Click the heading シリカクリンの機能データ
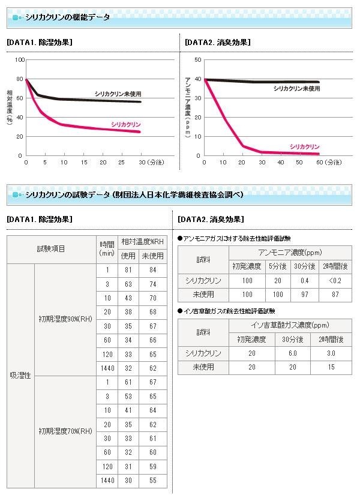click(68, 17)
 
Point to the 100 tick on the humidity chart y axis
click(20, 60)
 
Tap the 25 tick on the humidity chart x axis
click(122, 162)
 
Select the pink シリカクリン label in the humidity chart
click(126, 124)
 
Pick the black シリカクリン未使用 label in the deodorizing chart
click(296, 88)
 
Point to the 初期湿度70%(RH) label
click(65, 431)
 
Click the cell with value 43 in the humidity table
click(128, 298)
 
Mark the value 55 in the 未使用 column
click(152, 481)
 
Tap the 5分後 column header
click(277, 266)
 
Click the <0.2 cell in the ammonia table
click(335, 280)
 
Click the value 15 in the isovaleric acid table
click(331, 366)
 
